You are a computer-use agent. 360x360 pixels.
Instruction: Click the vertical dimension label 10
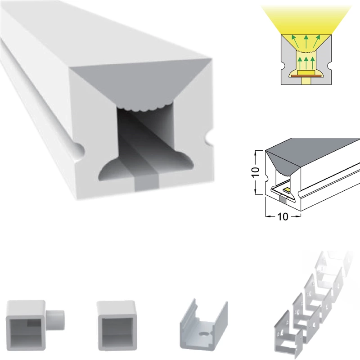pos(255,172)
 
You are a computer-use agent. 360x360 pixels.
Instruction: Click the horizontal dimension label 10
pos(283,216)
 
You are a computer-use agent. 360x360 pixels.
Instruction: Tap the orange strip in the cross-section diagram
pos(306,75)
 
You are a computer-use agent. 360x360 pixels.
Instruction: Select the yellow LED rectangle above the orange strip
pos(306,72)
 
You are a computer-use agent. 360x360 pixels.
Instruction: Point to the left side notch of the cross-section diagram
pos(283,65)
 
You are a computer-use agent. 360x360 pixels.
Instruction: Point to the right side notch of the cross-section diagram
pos(329,65)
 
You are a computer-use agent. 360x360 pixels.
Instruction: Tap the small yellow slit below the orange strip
pos(306,81)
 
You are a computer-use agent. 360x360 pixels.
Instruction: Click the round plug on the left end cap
pos(55,319)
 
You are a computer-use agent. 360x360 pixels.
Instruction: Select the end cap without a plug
pos(117,325)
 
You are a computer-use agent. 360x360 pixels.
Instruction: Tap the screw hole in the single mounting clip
pos(203,334)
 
